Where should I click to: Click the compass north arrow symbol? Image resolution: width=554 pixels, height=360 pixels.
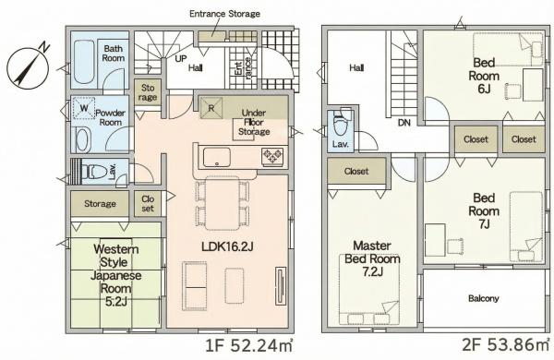(x=28, y=66)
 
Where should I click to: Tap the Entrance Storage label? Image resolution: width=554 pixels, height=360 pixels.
(x=224, y=14)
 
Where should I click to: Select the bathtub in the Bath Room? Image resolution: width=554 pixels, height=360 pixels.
(x=84, y=62)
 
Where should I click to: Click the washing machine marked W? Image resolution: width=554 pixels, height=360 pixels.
(x=84, y=107)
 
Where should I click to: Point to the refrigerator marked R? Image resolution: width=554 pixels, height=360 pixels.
(x=211, y=108)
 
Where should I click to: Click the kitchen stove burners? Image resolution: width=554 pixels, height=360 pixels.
(x=272, y=157)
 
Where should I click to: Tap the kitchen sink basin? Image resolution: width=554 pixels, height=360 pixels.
(x=217, y=157)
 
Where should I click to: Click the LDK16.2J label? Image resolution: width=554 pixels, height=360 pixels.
(x=227, y=246)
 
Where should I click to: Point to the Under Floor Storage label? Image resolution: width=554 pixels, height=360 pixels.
(x=254, y=122)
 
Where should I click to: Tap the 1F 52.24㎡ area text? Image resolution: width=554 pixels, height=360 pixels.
(x=249, y=346)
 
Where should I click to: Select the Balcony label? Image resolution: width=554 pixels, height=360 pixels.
(x=483, y=298)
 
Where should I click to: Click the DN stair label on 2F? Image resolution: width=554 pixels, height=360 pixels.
(x=404, y=123)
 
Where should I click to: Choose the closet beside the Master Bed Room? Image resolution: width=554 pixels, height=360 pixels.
(x=356, y=172)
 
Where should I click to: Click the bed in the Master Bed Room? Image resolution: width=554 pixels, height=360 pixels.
(x=369, y=289)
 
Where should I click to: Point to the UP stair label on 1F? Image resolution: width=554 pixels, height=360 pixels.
(x=181, y=58)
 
